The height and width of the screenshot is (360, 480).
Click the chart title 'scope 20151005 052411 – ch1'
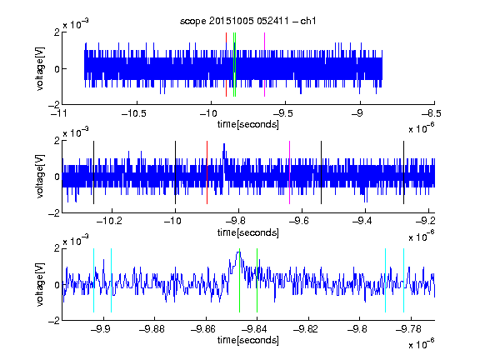(247, 21)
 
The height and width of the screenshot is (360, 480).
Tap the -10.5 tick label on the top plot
(134, 114)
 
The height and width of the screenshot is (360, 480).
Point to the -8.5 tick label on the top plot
(432, 114)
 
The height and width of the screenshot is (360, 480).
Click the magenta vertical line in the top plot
(264, 65)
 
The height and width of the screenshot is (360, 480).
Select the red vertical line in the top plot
(226, 65)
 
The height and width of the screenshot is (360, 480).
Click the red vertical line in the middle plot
(207, 172)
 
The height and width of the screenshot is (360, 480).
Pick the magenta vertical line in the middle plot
(290, 172)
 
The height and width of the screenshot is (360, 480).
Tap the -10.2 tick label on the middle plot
(109, 221)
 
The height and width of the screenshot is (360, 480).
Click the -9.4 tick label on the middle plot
(362, 221)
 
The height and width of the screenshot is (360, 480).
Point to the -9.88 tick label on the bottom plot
(152, 329)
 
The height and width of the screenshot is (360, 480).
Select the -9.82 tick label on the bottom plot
(306, 329)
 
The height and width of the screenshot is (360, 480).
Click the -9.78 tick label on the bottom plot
(408, 329)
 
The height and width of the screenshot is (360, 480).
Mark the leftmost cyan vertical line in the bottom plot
(93, 280)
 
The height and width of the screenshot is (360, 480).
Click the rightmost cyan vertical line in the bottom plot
(403, 280)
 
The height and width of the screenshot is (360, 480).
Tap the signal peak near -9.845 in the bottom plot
(238, 252)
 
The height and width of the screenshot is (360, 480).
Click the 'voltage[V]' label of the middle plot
(40, 177)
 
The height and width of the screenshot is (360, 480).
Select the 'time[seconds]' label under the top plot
(248, 124)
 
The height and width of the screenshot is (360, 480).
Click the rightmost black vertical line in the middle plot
(403, 172)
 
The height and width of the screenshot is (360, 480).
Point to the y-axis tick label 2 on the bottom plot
(57, 248)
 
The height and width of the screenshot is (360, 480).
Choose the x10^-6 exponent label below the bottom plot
(421, 344)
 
